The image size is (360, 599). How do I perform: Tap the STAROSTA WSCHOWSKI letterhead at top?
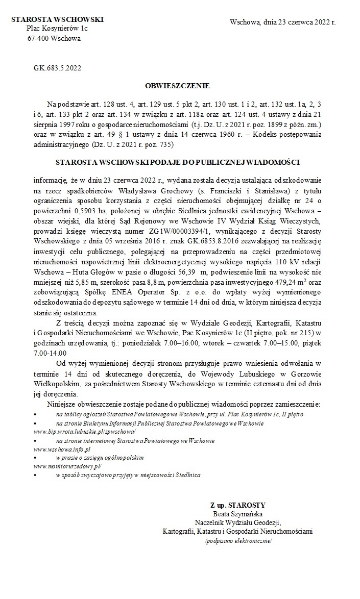pyautogui.click(x=57, y=19)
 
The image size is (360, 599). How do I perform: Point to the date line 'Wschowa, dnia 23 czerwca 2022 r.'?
pyautogui.click(x=283, y=22)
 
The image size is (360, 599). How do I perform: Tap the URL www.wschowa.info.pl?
pyautogui.click(x=62, y=449)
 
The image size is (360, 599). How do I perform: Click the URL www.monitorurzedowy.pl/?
pyautogui.click(x=67, y=466)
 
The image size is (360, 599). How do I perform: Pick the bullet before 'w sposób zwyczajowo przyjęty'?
pyautogui.click(x=35, y=475)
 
